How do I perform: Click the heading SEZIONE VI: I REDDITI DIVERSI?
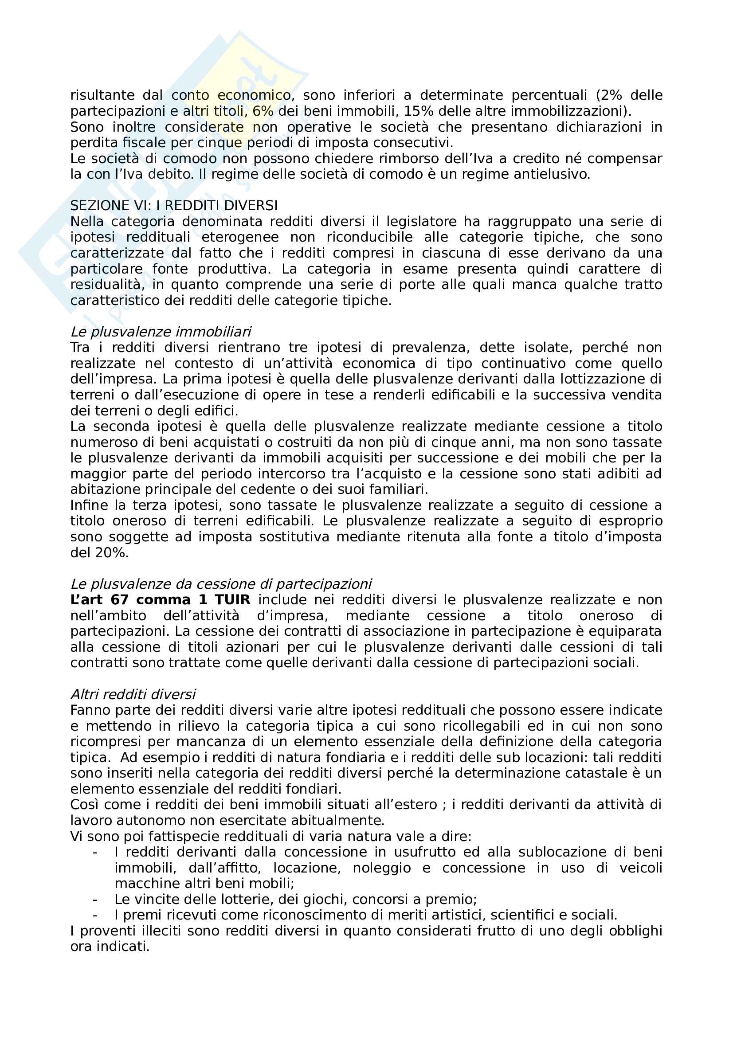174,206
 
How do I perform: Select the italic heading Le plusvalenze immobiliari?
161,332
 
